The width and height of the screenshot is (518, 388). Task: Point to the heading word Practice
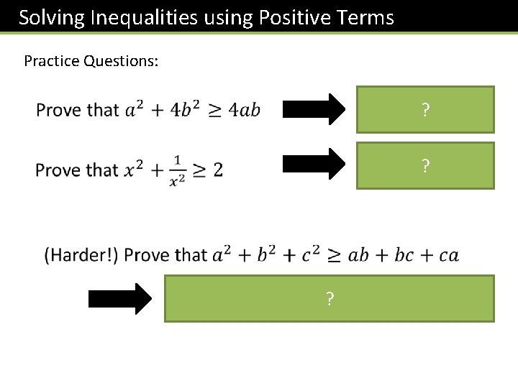[52, 61]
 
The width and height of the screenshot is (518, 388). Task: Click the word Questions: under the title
[121, 61]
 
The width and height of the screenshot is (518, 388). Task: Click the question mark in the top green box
[426, 110]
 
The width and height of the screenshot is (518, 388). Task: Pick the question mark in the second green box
[426, 166]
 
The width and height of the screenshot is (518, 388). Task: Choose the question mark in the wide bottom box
[330, 299]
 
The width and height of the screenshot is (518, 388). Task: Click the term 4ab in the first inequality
[243, 110]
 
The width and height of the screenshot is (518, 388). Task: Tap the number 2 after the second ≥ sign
[217, 170]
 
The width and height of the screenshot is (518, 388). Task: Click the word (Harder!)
[81, 255]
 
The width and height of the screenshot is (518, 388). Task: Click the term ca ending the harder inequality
[448, 256]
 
